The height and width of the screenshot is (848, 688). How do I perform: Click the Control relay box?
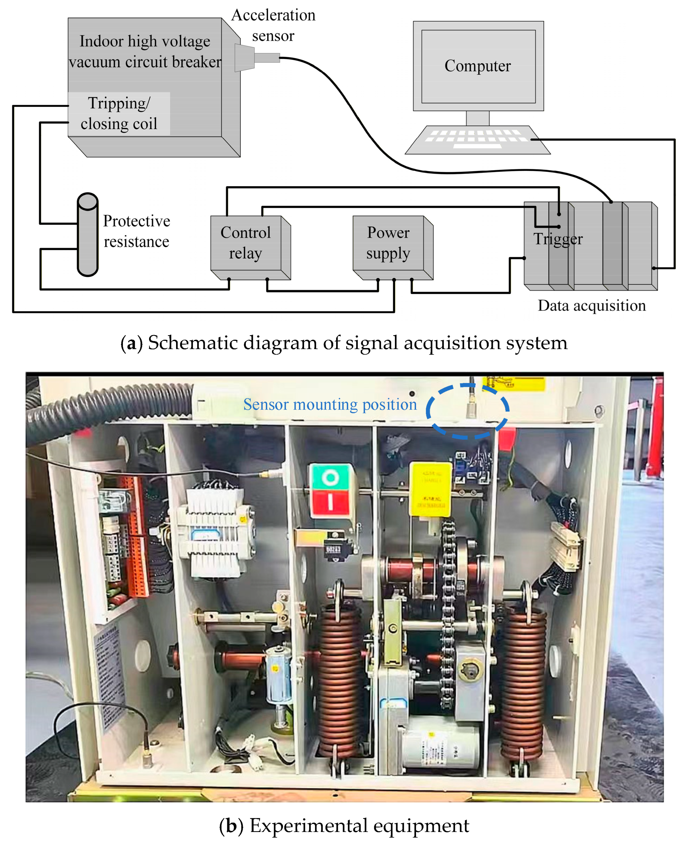(246, 243)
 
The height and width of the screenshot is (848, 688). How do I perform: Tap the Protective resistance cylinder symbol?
(87, 234)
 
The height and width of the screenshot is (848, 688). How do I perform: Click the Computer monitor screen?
(478, 66)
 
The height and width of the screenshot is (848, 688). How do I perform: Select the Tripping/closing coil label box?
(119, 114)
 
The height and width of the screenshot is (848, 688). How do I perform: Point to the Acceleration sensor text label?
(273, 25)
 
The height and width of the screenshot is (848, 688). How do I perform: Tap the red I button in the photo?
(330, 501)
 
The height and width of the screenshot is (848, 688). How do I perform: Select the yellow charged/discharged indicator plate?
(430, 490)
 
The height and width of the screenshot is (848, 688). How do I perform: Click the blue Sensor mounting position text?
(330, 404)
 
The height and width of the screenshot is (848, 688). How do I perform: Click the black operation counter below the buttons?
(333, 548)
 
